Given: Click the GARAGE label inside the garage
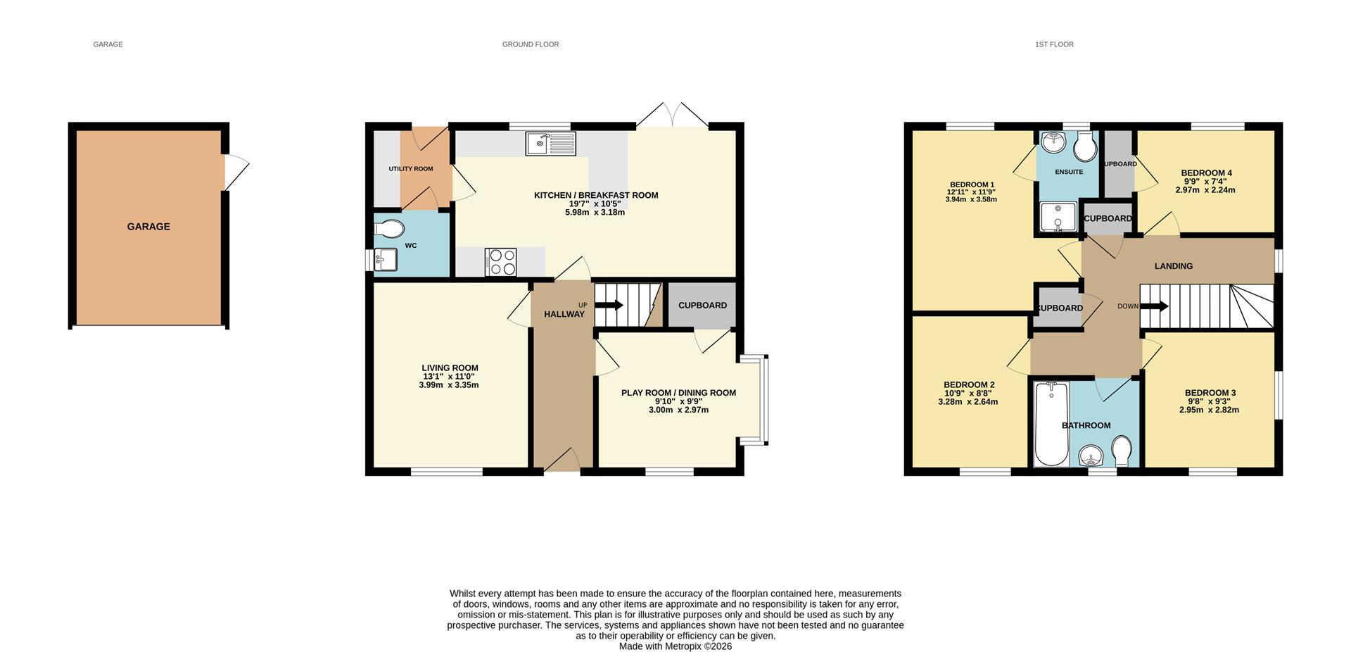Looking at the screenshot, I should pos(148,227).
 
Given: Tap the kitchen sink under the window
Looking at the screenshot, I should pos(550,144).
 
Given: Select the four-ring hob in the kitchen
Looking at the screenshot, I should pos(500,262).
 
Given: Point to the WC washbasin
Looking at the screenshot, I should pos(385,260).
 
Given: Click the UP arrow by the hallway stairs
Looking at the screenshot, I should pos(609,306).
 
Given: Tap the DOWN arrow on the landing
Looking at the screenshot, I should pos(1154,306).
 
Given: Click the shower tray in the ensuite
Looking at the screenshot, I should pos(1059,218).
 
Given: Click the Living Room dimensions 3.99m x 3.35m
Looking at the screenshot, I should pos(449,385).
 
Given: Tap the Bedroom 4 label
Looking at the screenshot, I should pos(1206,173).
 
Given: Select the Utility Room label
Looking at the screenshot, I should pos(411,169).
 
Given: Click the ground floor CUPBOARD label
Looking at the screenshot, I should pos(702,306).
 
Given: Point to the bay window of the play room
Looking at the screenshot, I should pos(763,401).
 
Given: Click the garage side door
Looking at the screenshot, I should pos(235,172).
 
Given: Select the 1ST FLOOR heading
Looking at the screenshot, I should pos(1053,44).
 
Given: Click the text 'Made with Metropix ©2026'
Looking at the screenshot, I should pos(675,646).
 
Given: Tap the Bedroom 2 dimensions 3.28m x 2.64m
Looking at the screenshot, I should pos(968,402).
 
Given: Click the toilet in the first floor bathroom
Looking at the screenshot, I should pos(1122,451).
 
